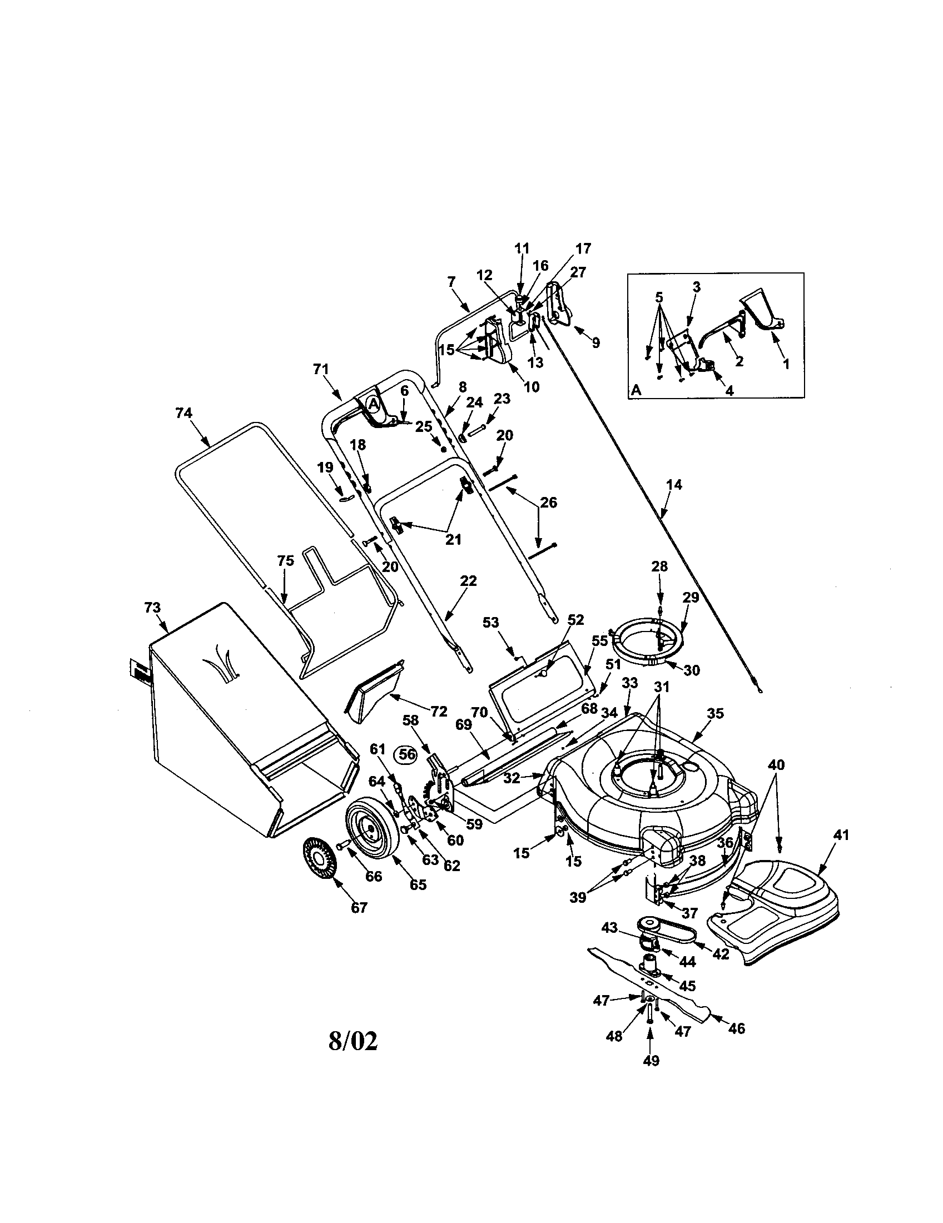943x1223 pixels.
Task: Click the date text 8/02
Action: [353, 1041]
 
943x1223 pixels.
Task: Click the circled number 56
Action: [407, 754]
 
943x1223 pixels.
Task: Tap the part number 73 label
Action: [152, 608]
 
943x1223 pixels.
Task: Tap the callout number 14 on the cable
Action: [674, 485]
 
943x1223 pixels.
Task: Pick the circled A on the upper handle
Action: [373, 402]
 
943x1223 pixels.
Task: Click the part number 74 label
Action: [183, 413]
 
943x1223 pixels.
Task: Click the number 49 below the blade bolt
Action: [651, 1061]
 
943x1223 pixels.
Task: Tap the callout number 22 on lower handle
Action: [468, 581]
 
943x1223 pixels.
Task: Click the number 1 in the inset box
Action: [785, 364]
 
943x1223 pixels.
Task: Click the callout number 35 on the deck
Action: [715, 713]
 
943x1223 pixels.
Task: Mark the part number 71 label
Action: [321, 369]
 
